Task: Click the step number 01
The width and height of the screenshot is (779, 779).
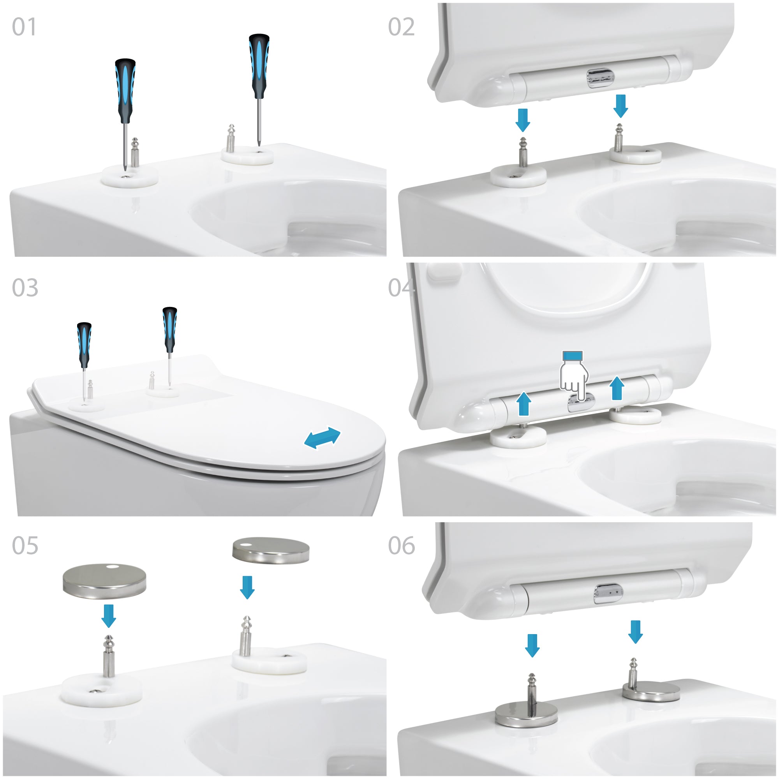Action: pyautogui.click(x=24, y=27)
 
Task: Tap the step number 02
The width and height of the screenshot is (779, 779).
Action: pyautogui.click(x=401, y=27)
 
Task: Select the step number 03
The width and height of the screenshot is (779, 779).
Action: pyautogui.click(x=25, y=287)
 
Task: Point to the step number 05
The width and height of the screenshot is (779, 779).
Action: pyautogui.click(x=25, y=546)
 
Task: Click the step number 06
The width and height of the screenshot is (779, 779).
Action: pyautogui.click(x=401, y=546)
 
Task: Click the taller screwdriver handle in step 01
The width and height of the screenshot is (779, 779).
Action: pyautogui.click(x=259, y=66)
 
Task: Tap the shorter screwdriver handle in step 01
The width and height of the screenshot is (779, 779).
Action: pyautogui.click(x=125, y=91)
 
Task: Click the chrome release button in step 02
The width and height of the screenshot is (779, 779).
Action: pyautogui.click(x=599, y=78)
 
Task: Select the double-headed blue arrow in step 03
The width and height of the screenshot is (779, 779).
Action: pyautogui.click(x=322, y=438)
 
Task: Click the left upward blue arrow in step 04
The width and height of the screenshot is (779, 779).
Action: pyautogui.click(x=523, y=403)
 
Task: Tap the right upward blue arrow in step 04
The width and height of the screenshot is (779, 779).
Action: pyautogui.click(x=617, y=388)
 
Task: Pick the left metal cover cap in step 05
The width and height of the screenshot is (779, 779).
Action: pyautogui.click(x=104, y=581)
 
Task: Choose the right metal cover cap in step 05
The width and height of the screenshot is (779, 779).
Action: pyautogui.click(x=271, y=550)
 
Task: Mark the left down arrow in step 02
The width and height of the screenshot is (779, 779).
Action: pyautogui.click(x=523, y=120)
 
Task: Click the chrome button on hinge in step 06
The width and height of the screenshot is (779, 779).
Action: pyautogui.click(x=608, y=594)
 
